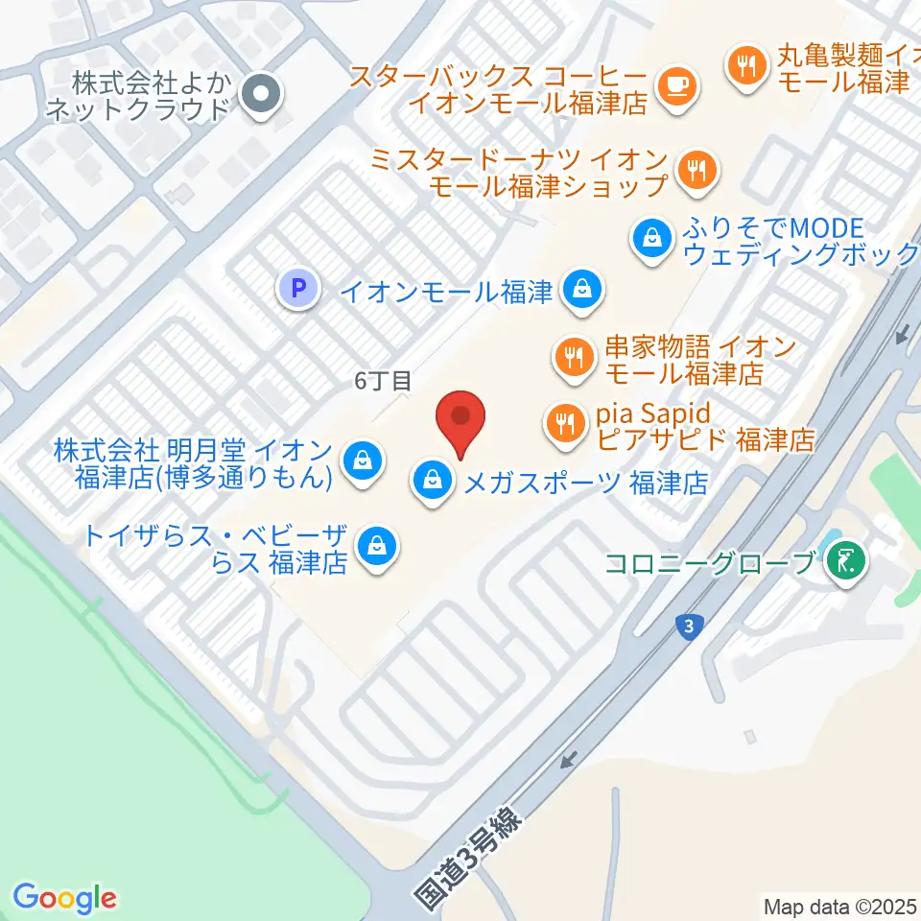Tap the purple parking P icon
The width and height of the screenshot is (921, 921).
[x=297, y=288]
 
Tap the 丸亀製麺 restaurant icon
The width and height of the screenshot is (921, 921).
[x=745, y=66]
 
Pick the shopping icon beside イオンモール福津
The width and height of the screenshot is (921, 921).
[x=581, y=289]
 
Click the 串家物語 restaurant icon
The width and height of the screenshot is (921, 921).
[x=575, y=357]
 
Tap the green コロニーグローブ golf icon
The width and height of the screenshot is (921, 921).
[x=845, y=560]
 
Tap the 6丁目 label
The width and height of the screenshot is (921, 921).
[x=383, y=381]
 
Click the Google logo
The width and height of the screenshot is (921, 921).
[x=64, y=899]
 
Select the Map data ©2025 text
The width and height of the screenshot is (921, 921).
[x=839, y=906]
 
